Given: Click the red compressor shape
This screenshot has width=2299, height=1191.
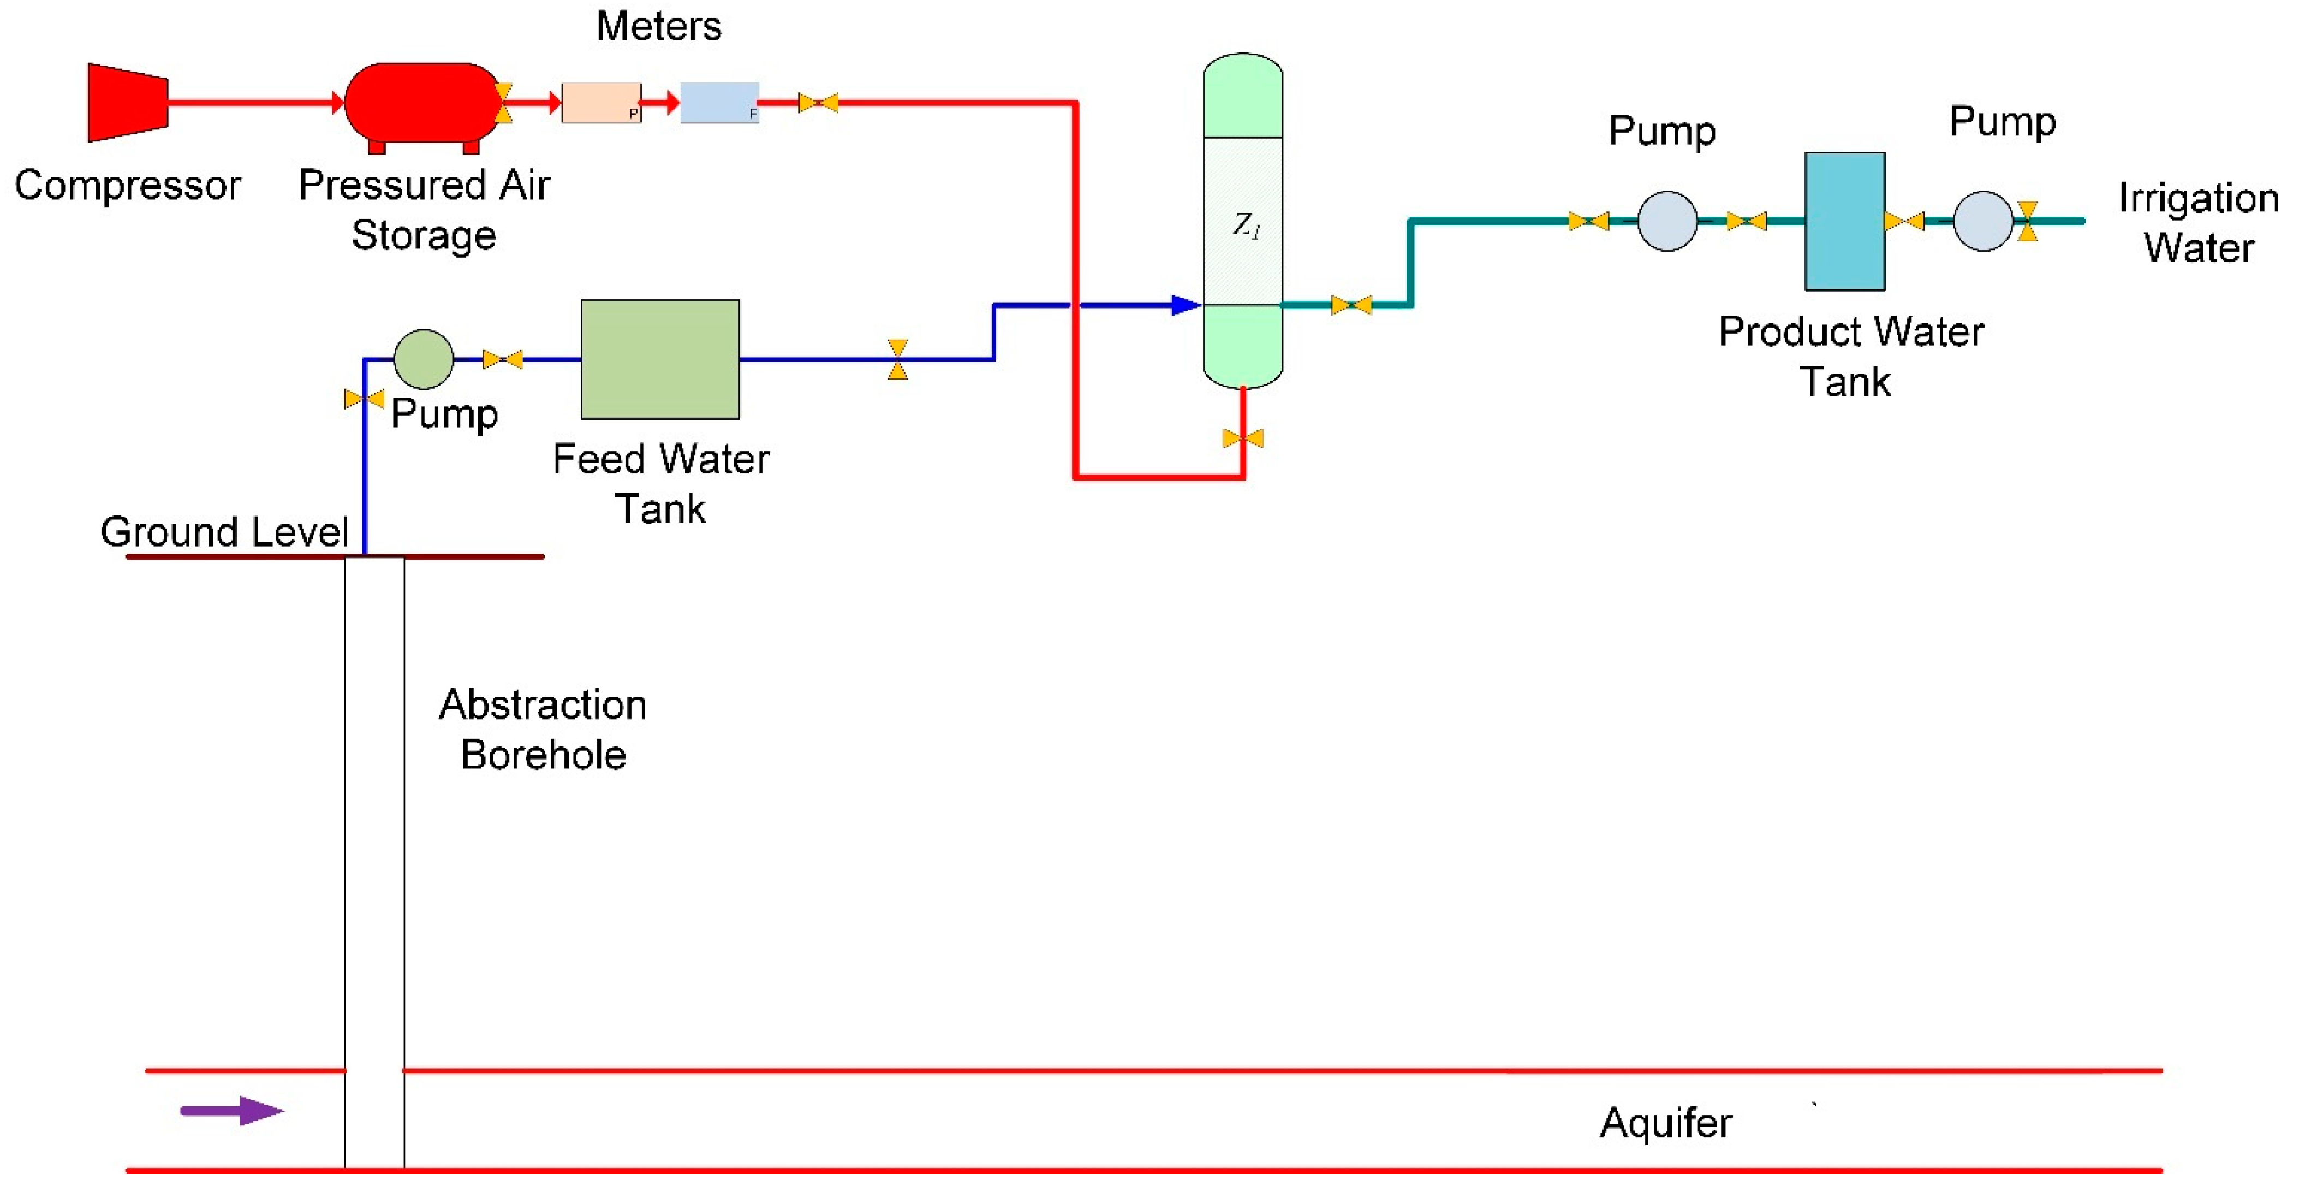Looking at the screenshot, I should (x=128, y=103).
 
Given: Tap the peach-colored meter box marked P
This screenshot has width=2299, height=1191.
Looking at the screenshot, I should (x=600, y=103).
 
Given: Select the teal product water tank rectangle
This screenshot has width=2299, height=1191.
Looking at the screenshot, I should (x=1845, y=221).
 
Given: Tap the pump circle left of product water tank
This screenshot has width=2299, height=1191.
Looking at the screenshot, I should (x=1666, y=221).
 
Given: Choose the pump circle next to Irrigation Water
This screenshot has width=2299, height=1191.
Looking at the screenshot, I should (x=1982, y=221).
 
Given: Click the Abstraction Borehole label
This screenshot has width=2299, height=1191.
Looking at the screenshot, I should (x=543, y=730).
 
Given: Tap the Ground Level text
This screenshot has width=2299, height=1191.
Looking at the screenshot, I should (x=223, y=532).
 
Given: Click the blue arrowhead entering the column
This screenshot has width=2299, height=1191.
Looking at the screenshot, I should (x=1185, y=305).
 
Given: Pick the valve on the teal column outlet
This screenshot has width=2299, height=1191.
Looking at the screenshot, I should (x=1351, y=305).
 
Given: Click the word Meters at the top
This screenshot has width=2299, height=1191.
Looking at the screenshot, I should (x=659, y=27).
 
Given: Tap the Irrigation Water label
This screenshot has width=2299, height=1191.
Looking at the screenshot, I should (x=2198, y=222).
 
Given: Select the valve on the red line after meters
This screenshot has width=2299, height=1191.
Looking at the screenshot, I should (x=818, y=103).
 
